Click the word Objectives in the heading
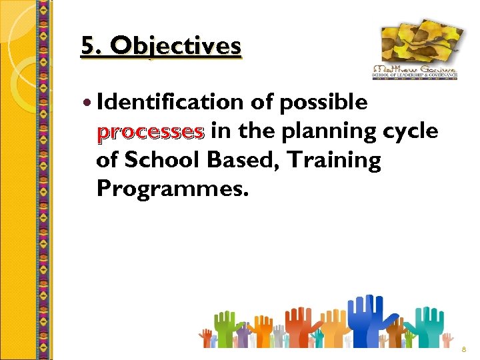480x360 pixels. coord(177,45)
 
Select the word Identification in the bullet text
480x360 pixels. coord(171,102)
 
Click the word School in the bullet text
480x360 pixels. coord(157,160)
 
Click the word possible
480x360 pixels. coord(323,102)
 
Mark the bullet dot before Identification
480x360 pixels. coord(89,103)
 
